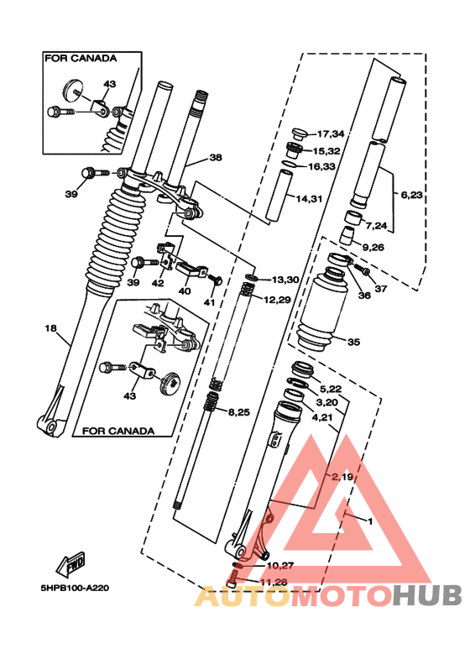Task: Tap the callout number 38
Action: (216, 157)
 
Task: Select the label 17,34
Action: (330, 134)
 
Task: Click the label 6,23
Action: (412, 195)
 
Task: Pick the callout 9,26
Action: (372, 247)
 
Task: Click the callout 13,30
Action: (284, 280)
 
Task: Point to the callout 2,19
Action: (342, 477)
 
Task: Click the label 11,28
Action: (272, 582)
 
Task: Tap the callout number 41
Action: (210, 302)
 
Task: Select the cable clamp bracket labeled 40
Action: (192, 272)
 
